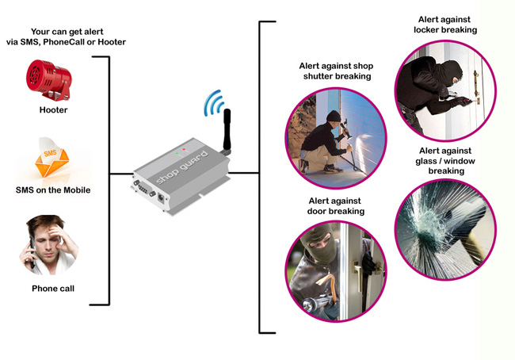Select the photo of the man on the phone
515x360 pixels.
(x=52, y=245)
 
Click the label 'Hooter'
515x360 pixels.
(x=53, y=110)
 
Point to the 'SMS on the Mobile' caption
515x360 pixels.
(x=53, y=190)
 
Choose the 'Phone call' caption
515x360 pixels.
(x=53, y=289)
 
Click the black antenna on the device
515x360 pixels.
(x=224, y=132)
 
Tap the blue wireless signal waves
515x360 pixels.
(x=211, y=102)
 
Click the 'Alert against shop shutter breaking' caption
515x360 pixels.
(x=336, y=71)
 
